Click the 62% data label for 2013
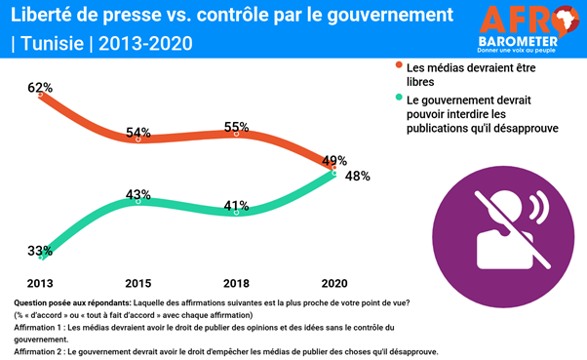click(40, 88)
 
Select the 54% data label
click(138, 132)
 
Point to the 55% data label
click(236, 128)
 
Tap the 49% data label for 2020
click(333, 160)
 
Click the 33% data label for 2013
click(40, 251)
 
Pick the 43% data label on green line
click(138, 193)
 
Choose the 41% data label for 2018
click(236, 207)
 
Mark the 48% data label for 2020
click(357, 177)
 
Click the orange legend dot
click(399, 66)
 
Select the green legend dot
click(399, 99)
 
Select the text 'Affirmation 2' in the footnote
click(34, 351)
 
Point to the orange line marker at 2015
click(138, 140)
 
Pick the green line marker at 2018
click(236, 211)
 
